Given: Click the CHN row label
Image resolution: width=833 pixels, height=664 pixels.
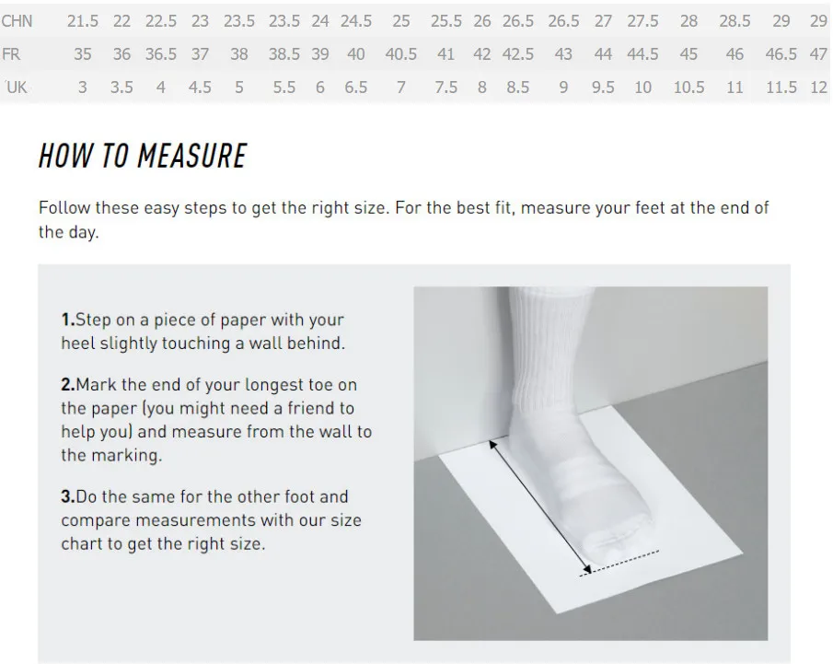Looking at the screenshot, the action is click(x=17, y=21).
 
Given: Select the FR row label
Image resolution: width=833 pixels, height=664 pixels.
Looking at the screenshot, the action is click(x=11, y=54).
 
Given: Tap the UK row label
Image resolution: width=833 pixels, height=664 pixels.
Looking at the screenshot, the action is click(x=17, y=87).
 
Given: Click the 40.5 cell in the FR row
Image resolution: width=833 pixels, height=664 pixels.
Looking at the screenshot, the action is click(x=401, y=54).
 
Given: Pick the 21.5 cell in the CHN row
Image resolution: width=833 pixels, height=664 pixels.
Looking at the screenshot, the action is click(x=82, y=21).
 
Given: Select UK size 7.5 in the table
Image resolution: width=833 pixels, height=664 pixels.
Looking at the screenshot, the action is click(x=445, y=87).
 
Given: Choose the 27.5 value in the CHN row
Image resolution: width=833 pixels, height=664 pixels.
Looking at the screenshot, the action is click(x=642, y=21).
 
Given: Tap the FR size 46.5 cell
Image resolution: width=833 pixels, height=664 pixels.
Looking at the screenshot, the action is click(x=781, y=54).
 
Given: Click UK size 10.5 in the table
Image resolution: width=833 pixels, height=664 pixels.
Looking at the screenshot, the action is click(x=689, y=87).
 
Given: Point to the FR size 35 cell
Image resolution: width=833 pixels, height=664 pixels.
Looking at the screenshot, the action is click(x=82, y=54).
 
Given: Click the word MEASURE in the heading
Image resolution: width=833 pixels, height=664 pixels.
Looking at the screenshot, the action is click(x=191, y=157).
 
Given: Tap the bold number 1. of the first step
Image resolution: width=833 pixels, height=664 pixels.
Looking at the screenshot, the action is click(x=68, y=320).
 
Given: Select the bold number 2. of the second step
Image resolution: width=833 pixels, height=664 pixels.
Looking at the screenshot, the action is click(x=68, y=384).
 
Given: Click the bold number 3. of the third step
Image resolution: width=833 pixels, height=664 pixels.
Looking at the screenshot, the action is click(x=68, y=496).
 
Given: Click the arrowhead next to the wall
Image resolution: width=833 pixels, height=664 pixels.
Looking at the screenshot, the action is click(x=493, y=445).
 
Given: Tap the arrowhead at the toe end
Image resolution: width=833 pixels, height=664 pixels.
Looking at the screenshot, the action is click(x=586, y=569).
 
